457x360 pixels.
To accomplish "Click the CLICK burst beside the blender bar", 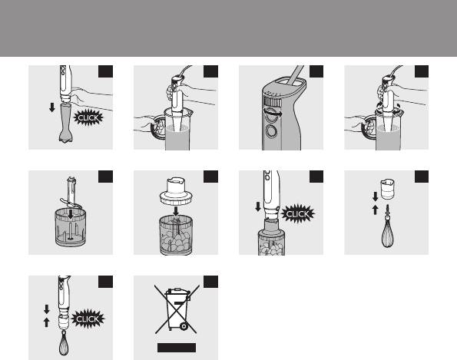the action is [x=88, y=117].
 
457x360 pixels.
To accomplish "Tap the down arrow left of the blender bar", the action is [x=52, y=107].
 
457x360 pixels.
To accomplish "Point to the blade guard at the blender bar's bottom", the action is [x=66, y=137].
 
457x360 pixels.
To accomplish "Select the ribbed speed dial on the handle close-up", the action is [x=273, y=102].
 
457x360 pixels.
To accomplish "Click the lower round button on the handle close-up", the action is [x=271, y=131].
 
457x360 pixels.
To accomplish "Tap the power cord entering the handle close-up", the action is [x=296, y=75].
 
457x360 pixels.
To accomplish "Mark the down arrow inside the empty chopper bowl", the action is [x=71, y=214].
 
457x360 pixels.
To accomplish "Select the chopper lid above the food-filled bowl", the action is [x=177, y=191].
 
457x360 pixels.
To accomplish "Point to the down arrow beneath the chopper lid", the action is [x=176, y=211].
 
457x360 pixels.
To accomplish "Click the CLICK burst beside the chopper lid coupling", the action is [x=297, y=214].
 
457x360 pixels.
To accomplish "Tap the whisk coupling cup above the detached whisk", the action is [x=388, y=190].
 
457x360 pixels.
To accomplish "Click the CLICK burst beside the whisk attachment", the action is [x=88, y=319].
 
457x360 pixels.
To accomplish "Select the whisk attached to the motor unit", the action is [x=64, y=343].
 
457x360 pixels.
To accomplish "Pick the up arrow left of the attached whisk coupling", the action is [x=46, y=322].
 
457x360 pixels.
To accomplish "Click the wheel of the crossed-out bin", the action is [x=184, y=326].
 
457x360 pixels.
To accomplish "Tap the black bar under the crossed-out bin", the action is [x=177, y=348].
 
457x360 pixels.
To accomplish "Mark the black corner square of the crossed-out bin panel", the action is [x=210, y=282].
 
